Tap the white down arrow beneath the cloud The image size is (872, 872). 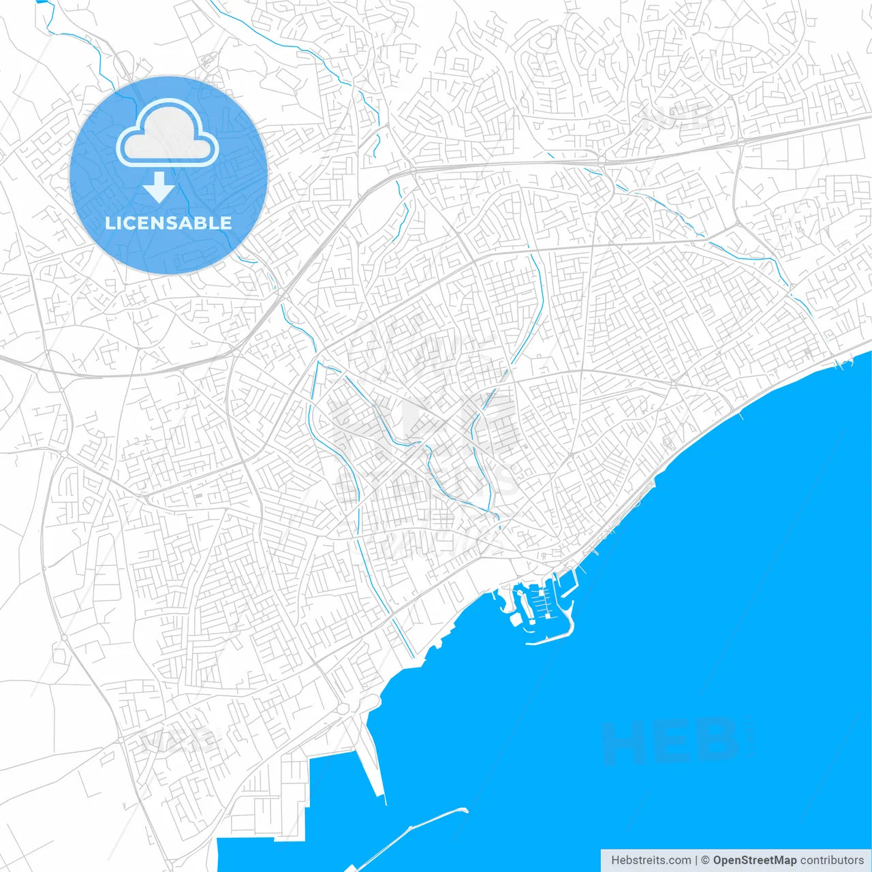(159, 188)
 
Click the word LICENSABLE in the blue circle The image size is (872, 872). (168, 223)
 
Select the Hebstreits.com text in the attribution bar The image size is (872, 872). (651, 860)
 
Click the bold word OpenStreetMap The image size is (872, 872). (754, 860)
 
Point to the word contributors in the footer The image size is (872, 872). (832, 860)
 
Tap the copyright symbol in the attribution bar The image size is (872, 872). (706, 860)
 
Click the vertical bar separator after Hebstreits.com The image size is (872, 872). (696, 860)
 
